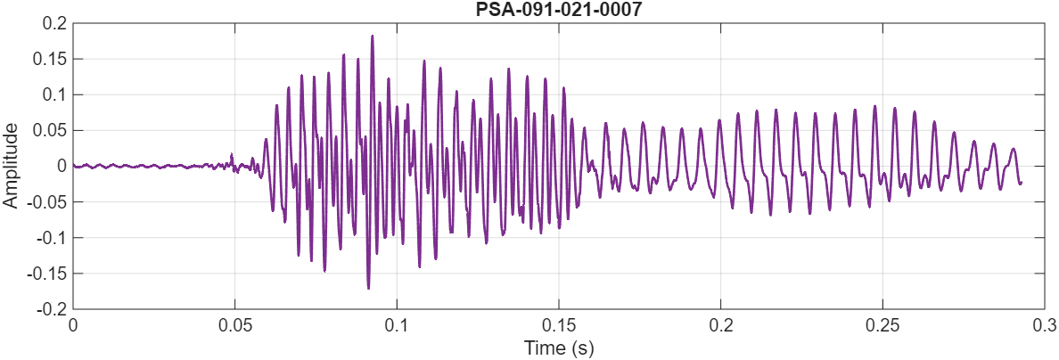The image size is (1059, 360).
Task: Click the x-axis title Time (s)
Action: point(559,348)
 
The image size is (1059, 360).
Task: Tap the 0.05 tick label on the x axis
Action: point(234,324)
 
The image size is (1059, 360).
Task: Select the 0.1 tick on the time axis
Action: point(397,324)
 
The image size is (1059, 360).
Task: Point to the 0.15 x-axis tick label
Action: point(559,324)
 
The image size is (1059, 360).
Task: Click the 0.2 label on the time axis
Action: point(721,324)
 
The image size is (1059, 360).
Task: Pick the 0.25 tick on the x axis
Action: point(883,324)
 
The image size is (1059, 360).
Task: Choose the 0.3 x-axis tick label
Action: point(1045,324)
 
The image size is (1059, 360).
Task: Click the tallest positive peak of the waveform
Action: point(372,36)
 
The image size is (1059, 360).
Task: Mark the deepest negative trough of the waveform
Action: point(368,288)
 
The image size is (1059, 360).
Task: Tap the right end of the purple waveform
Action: point(1021,183)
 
